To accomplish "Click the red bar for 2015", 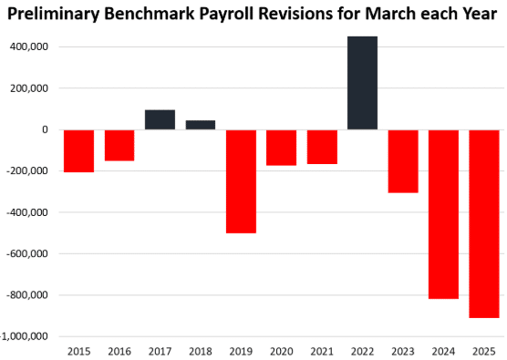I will point(79,150).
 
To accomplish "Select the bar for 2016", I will point(119,145).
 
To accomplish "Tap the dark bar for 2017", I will point(160,120).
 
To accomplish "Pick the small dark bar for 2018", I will point(201,125).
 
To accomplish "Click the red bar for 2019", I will point(241,181).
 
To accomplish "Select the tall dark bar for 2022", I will point(362,83).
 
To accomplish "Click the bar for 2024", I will point(443,214).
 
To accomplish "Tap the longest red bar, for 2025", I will point(484,223).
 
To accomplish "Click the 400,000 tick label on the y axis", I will point(29,47).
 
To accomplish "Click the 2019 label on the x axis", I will point(241,350).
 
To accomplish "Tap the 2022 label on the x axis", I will point(362,350).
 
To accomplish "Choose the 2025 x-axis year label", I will point(484,350).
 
